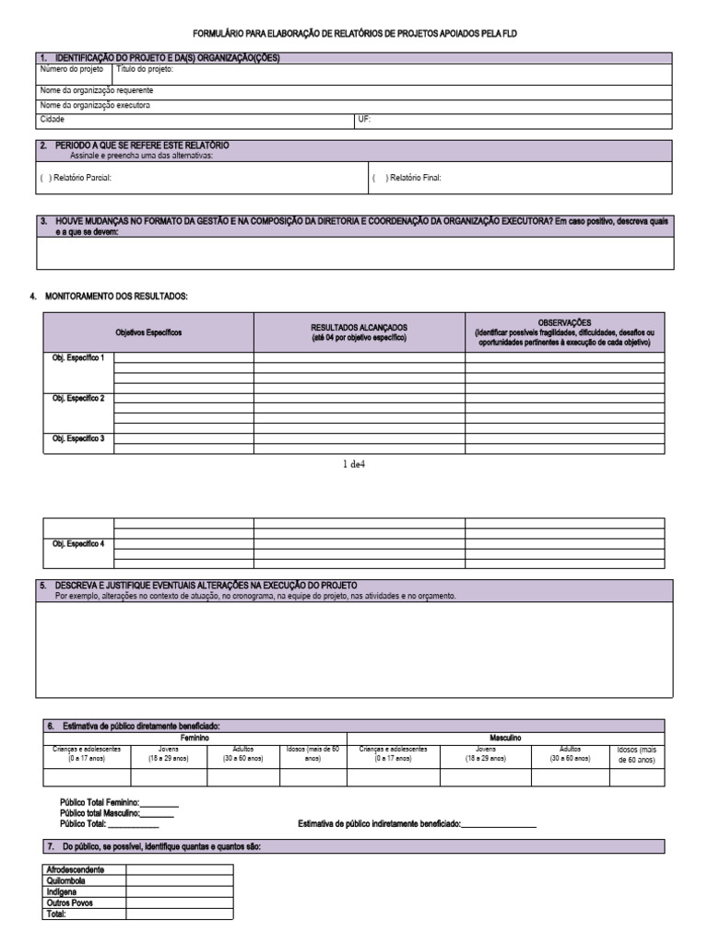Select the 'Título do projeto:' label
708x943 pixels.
145,68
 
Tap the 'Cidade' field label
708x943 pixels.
52,119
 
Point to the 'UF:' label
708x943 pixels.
363,119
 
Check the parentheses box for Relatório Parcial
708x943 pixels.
45,178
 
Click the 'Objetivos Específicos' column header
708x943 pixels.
148,332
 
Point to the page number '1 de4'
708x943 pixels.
353,464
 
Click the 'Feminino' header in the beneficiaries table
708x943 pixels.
195,738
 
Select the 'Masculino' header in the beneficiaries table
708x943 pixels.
505,738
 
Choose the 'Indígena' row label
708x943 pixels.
61,891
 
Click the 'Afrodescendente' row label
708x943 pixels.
75,868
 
